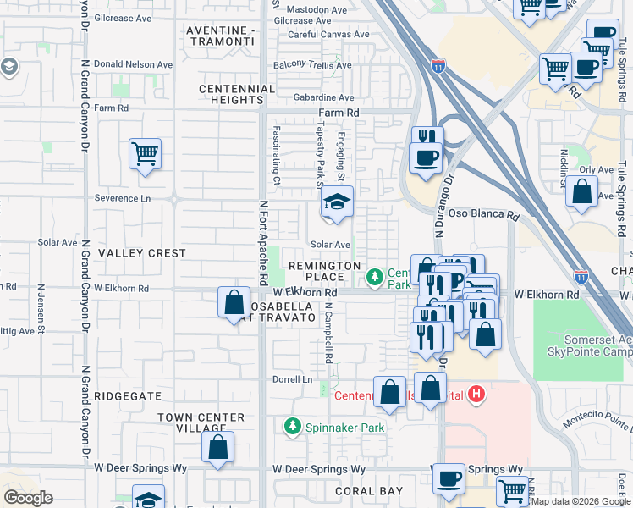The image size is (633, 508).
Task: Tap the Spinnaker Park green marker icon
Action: pyautogui.click(x=293, y=426)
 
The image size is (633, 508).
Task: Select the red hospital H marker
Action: pyautogui.click(x=477, y=394)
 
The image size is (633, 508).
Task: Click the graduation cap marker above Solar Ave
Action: pyautogui.click(x=336, y=203)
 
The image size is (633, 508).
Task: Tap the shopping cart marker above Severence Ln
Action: pyautogui.click(x=145, y=155)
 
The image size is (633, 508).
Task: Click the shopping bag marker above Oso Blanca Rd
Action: pyautogui.click(x=581, y=193)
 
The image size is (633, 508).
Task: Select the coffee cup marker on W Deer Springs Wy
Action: pyautogui.click(x=449, y=478)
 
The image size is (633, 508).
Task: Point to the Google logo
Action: pyautogui.click(x=29, y=497)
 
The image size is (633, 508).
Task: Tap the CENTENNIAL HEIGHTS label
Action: pyautogui.click(x=237, y=94)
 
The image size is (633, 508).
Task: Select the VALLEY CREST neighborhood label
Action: pyautogui.click(x=141, y=253)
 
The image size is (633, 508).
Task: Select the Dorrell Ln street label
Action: pyautogui.click(x=292, y=379)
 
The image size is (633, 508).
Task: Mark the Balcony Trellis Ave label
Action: pyautogui.click(x=313, y=65)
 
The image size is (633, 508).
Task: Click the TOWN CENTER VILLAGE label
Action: pyautogui.click(x=201, y=422)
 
